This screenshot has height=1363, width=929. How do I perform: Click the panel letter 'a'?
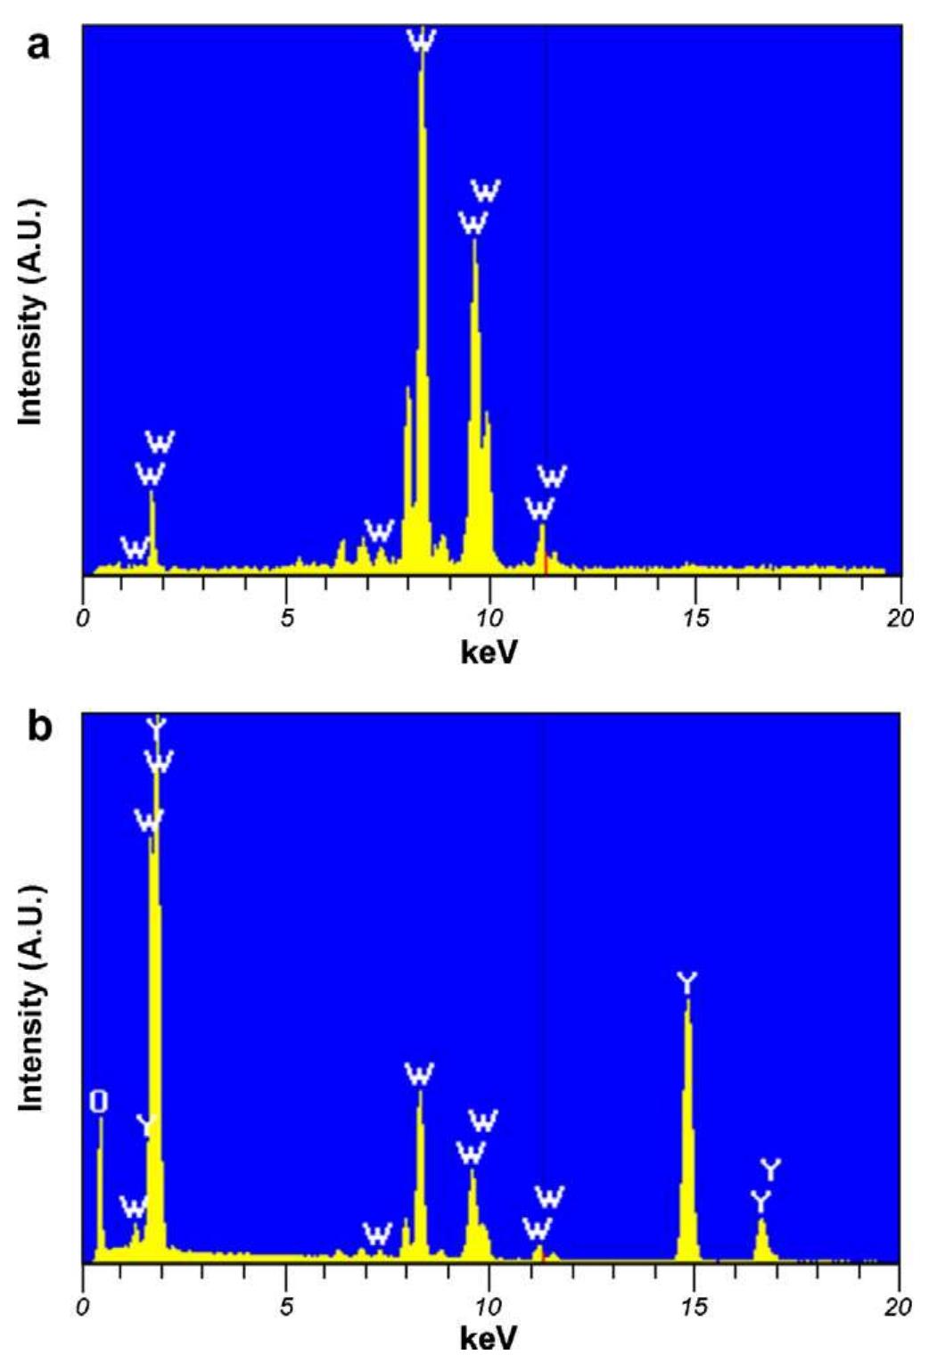click(x=38, y=44)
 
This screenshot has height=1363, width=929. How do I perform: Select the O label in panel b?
click(x=99, y=1102)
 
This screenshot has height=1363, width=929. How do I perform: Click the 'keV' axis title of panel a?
click(x=489, y=653)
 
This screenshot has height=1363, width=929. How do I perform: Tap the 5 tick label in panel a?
click(x=286, y=618)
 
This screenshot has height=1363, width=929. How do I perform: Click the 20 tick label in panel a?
click(x=900, y=618)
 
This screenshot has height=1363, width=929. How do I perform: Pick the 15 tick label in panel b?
click(x=694, y=1306)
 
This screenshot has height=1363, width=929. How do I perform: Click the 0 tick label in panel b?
click(x=83, y=1306)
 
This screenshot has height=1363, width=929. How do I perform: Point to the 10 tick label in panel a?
click(x=489, y=618)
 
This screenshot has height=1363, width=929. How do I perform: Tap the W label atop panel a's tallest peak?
click(x=421, y=40)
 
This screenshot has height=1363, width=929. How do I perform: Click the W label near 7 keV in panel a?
click(x=379, y=532)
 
